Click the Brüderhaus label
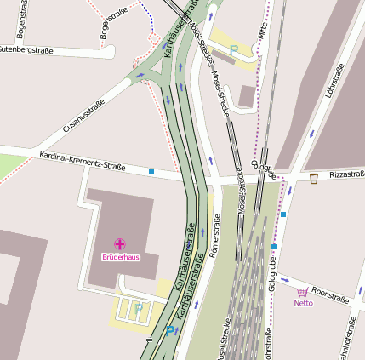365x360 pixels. point(120,256)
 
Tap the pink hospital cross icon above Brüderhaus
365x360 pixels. point(120,244)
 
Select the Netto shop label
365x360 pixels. point(303,302)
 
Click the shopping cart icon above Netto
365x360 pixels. point(302,292)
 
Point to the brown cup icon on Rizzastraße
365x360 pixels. point(314,178)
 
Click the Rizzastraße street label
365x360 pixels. point(346,174)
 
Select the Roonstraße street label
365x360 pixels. point(331,294)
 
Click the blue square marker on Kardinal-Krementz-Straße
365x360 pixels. point(151,172)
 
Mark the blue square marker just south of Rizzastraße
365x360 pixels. point(283,214)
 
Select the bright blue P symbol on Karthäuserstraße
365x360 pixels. point(171,331)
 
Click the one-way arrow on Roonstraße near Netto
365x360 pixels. point(285,279)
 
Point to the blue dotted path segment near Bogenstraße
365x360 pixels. point(150,17)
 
